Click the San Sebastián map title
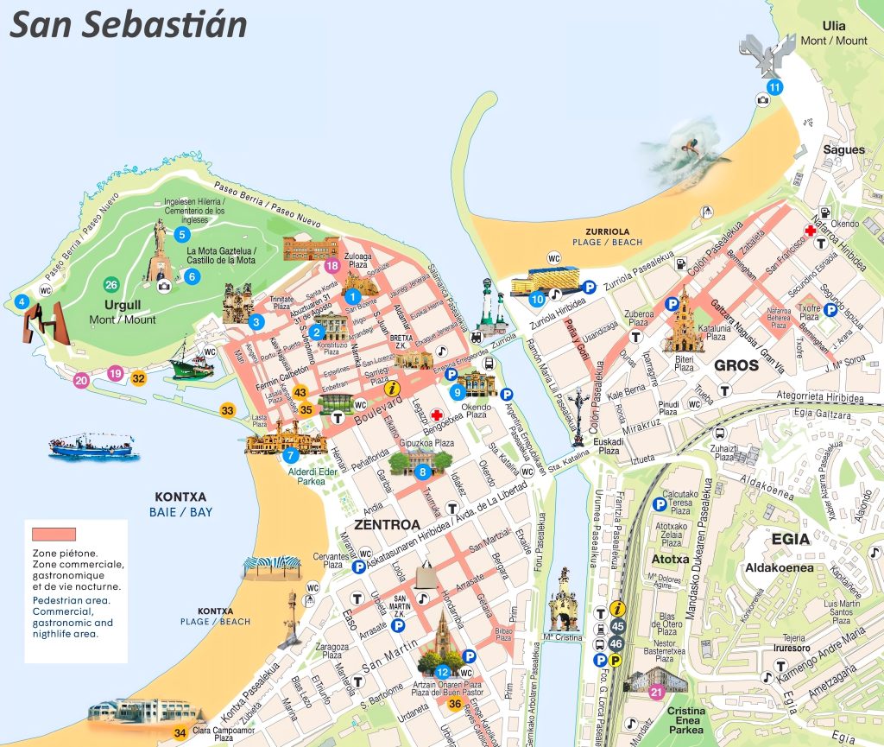tap(128, 25)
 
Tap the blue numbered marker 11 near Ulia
tap(774, 86)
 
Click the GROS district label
tap(736, 365)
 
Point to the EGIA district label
tap(791, 539)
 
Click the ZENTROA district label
tap(387, 524)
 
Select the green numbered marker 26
tap(111, 285)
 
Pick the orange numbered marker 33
tap(228, 410)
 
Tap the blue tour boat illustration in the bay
tap(92, 445)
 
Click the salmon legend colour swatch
tap(54, 534)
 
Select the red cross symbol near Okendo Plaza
tap(438, 414)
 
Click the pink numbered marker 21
tap(656, 691)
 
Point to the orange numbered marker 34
tap(180, 733)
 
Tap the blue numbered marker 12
tap(442, 671)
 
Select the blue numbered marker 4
tap(22, 301)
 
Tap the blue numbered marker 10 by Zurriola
tap(536, 299)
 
